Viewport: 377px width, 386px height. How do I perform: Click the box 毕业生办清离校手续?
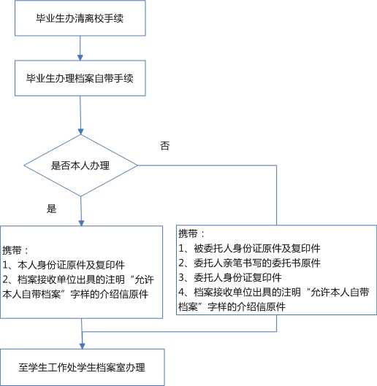pyautogui.click(x=80, y=18)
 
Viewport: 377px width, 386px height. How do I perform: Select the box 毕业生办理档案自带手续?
pyautogui.click(x=80, y=78)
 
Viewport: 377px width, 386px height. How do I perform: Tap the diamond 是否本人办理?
pyautogui.click(x=80, y=166)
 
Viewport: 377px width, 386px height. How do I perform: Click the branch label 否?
pyautogui.click(x=165, y=146)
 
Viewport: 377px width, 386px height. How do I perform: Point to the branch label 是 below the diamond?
pyautogui.click(x=51, y=209)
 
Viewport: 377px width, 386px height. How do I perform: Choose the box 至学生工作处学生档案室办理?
pyautogui.click(x=82, y=367)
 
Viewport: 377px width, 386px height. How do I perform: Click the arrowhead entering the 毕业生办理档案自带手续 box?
pyautogui.click(x=80, y=58)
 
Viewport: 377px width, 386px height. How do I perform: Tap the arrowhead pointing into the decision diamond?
pyautogui.click(x=80, y=131)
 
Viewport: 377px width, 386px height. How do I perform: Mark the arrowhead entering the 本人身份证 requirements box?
pyautogui.click(x=81, y=223)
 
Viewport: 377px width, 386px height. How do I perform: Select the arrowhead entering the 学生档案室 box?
pyautogui.click(x=83, y=346)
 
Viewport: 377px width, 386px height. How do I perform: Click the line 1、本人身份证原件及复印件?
pyautogui.click(x=64, y=265)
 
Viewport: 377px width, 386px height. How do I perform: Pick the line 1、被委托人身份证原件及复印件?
pyautogui.click(x=249, y=248)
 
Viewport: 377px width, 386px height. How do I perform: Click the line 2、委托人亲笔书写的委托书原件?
pyautogui.click(x=249, y=263)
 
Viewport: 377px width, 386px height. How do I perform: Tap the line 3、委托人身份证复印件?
pyautogui.click(x=230, y=278)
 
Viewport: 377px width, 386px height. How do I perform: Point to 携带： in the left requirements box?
pyautogui.click(x=15, y=250)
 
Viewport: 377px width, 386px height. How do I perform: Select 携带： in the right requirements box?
pyautogui.click(x=191, y=233)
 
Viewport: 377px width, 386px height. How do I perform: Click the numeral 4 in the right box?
pyautogui.click(x=181, y=292)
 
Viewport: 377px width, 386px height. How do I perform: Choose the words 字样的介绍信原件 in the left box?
pyautogui.click(x=110, y=294)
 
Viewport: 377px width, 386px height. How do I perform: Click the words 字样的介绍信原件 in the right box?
pyautogui.click(x=246, y=306)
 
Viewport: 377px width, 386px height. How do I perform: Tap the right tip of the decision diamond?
pyautogui.click(x=137, y=166)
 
